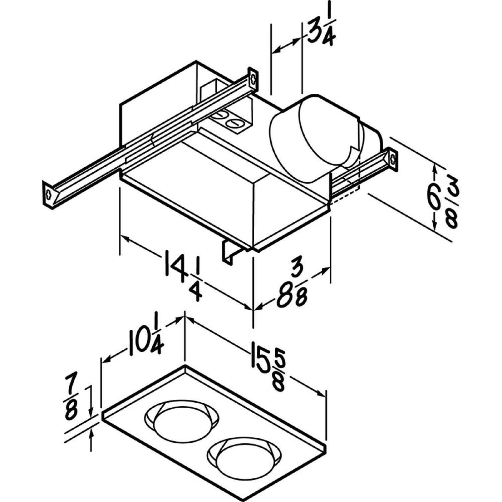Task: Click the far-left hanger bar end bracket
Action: [49, 194]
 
